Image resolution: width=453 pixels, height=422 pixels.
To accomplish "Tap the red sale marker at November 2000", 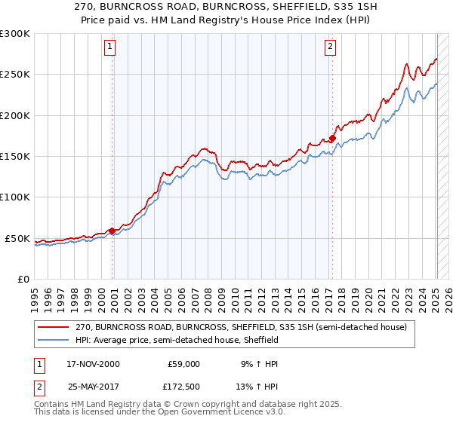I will tap(112, 231).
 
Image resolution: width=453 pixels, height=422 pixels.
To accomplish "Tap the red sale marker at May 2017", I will tap(331, 138).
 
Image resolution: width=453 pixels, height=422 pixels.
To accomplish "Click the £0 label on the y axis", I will tap(22, 279).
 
